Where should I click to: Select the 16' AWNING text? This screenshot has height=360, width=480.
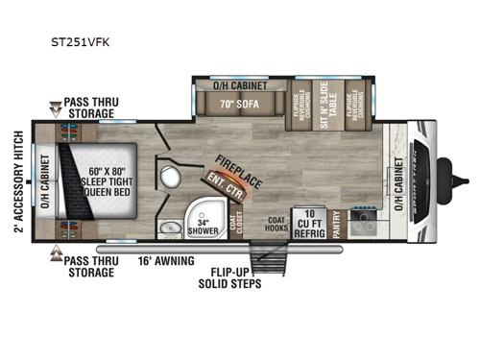164,259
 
